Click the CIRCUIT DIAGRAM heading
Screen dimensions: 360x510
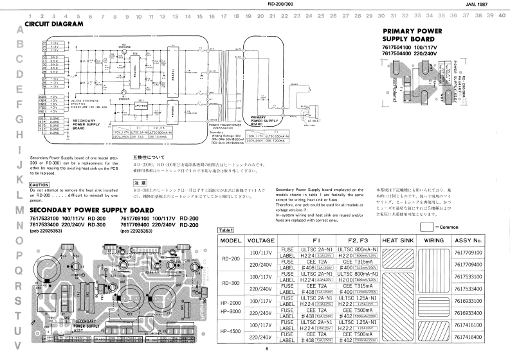click(54, 24)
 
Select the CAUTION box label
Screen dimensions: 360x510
click(41, 185)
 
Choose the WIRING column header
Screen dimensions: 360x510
click(439, 241)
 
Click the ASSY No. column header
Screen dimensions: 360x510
click(482, 241)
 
